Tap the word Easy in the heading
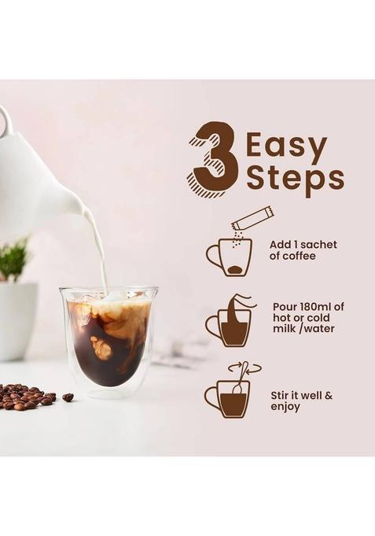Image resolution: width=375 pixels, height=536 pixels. [x=285, y=147]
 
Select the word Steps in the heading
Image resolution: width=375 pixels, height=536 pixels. [x=294, y=179]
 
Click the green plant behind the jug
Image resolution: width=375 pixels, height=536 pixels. [x=13, y=261]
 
